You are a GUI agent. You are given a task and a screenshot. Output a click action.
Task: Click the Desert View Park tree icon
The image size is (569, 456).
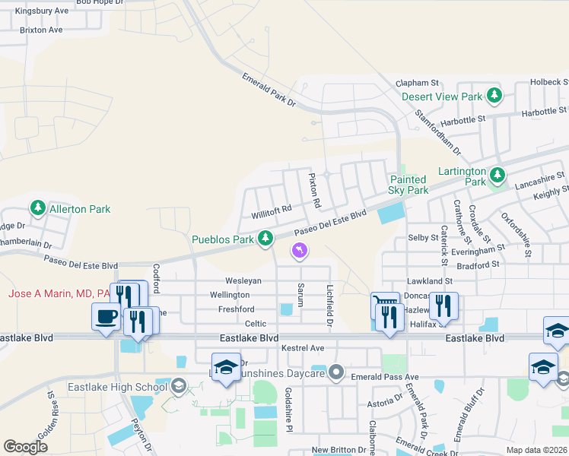[495, 97]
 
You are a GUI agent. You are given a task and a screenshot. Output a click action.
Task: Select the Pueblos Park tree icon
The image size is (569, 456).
[265, 239]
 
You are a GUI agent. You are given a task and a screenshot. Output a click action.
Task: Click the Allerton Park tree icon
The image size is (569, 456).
[37, 208]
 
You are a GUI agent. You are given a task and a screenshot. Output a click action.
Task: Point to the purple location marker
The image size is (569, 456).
[300, 250]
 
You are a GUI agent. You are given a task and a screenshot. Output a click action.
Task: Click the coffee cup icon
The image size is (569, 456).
[105, 315]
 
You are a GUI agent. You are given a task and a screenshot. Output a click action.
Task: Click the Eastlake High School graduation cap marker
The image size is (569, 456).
[179, 387]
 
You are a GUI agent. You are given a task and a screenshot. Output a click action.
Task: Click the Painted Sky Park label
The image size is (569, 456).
[407, 185]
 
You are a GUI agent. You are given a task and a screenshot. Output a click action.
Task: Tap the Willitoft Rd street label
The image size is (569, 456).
[272, 209]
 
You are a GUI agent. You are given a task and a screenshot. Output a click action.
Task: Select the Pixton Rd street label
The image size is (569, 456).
[313, 191]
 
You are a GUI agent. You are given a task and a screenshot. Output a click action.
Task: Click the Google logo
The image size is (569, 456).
[25, 446]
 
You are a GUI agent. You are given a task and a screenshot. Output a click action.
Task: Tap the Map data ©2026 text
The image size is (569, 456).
[536, 450]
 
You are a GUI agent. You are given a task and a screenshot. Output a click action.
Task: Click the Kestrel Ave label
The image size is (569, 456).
[303, 348]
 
